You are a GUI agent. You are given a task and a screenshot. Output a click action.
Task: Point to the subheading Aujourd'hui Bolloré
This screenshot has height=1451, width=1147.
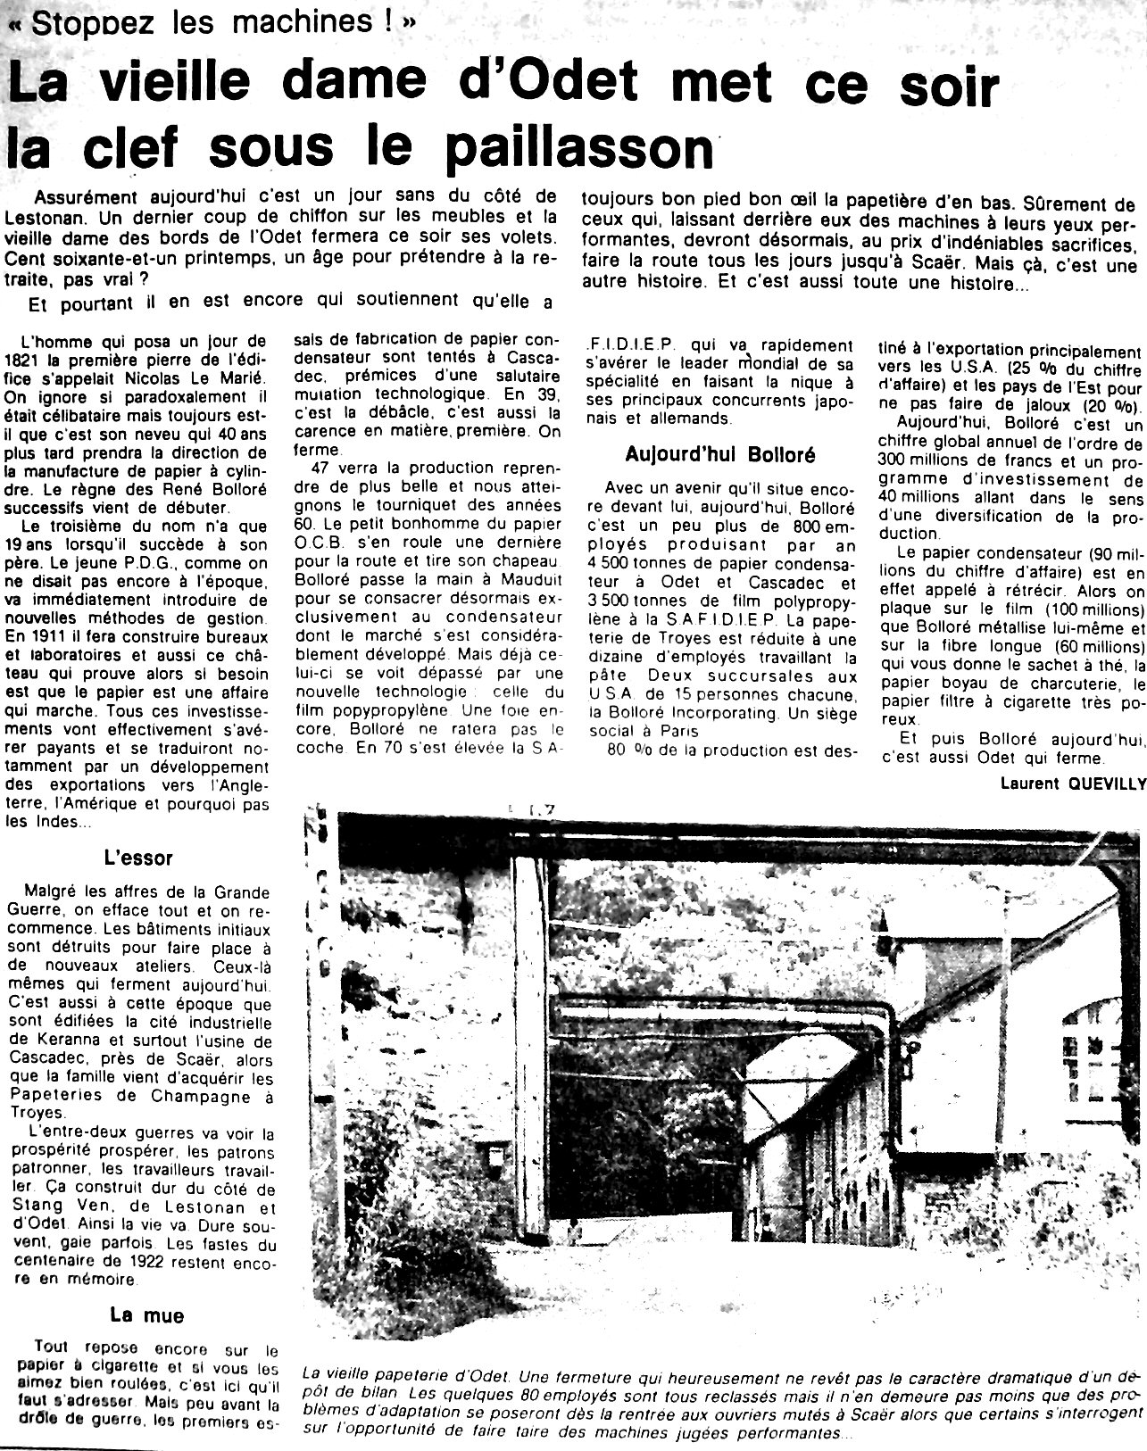[x=721, y=453]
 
